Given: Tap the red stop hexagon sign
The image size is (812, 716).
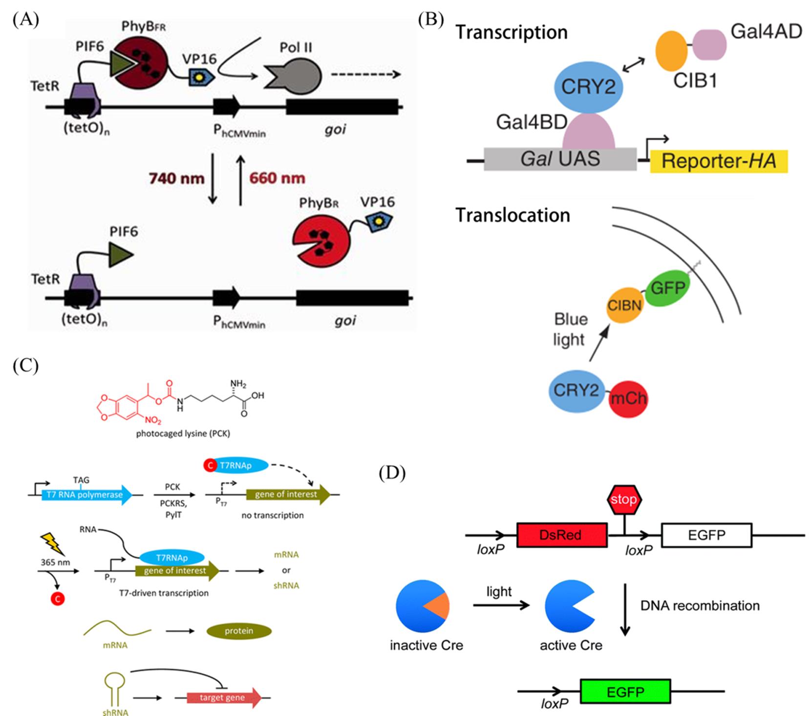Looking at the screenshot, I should coord(623,499).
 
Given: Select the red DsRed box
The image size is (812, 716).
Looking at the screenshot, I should coord(562,535).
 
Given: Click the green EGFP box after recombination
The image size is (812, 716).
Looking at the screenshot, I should coord(625,692).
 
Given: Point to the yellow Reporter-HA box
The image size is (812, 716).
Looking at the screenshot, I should coord(718,161).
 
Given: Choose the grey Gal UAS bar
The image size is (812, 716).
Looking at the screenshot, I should coord(560,159).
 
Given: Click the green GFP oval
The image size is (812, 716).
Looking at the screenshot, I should coord(667,288).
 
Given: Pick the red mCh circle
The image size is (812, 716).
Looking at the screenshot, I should coord(628,399).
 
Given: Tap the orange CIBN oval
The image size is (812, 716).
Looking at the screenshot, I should coord(624,305).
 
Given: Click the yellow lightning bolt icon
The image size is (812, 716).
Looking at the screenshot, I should coord(52,543).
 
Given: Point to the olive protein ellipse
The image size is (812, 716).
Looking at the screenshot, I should coord(239,631).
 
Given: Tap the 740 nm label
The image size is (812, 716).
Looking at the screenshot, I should coord(176,178).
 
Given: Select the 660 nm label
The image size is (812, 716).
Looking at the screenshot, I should coord(277,178).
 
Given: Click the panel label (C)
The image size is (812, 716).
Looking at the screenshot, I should coord(25,366).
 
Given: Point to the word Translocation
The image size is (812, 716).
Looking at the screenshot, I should coord(513,215).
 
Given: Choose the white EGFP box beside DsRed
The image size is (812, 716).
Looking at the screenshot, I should coord(706,535).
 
